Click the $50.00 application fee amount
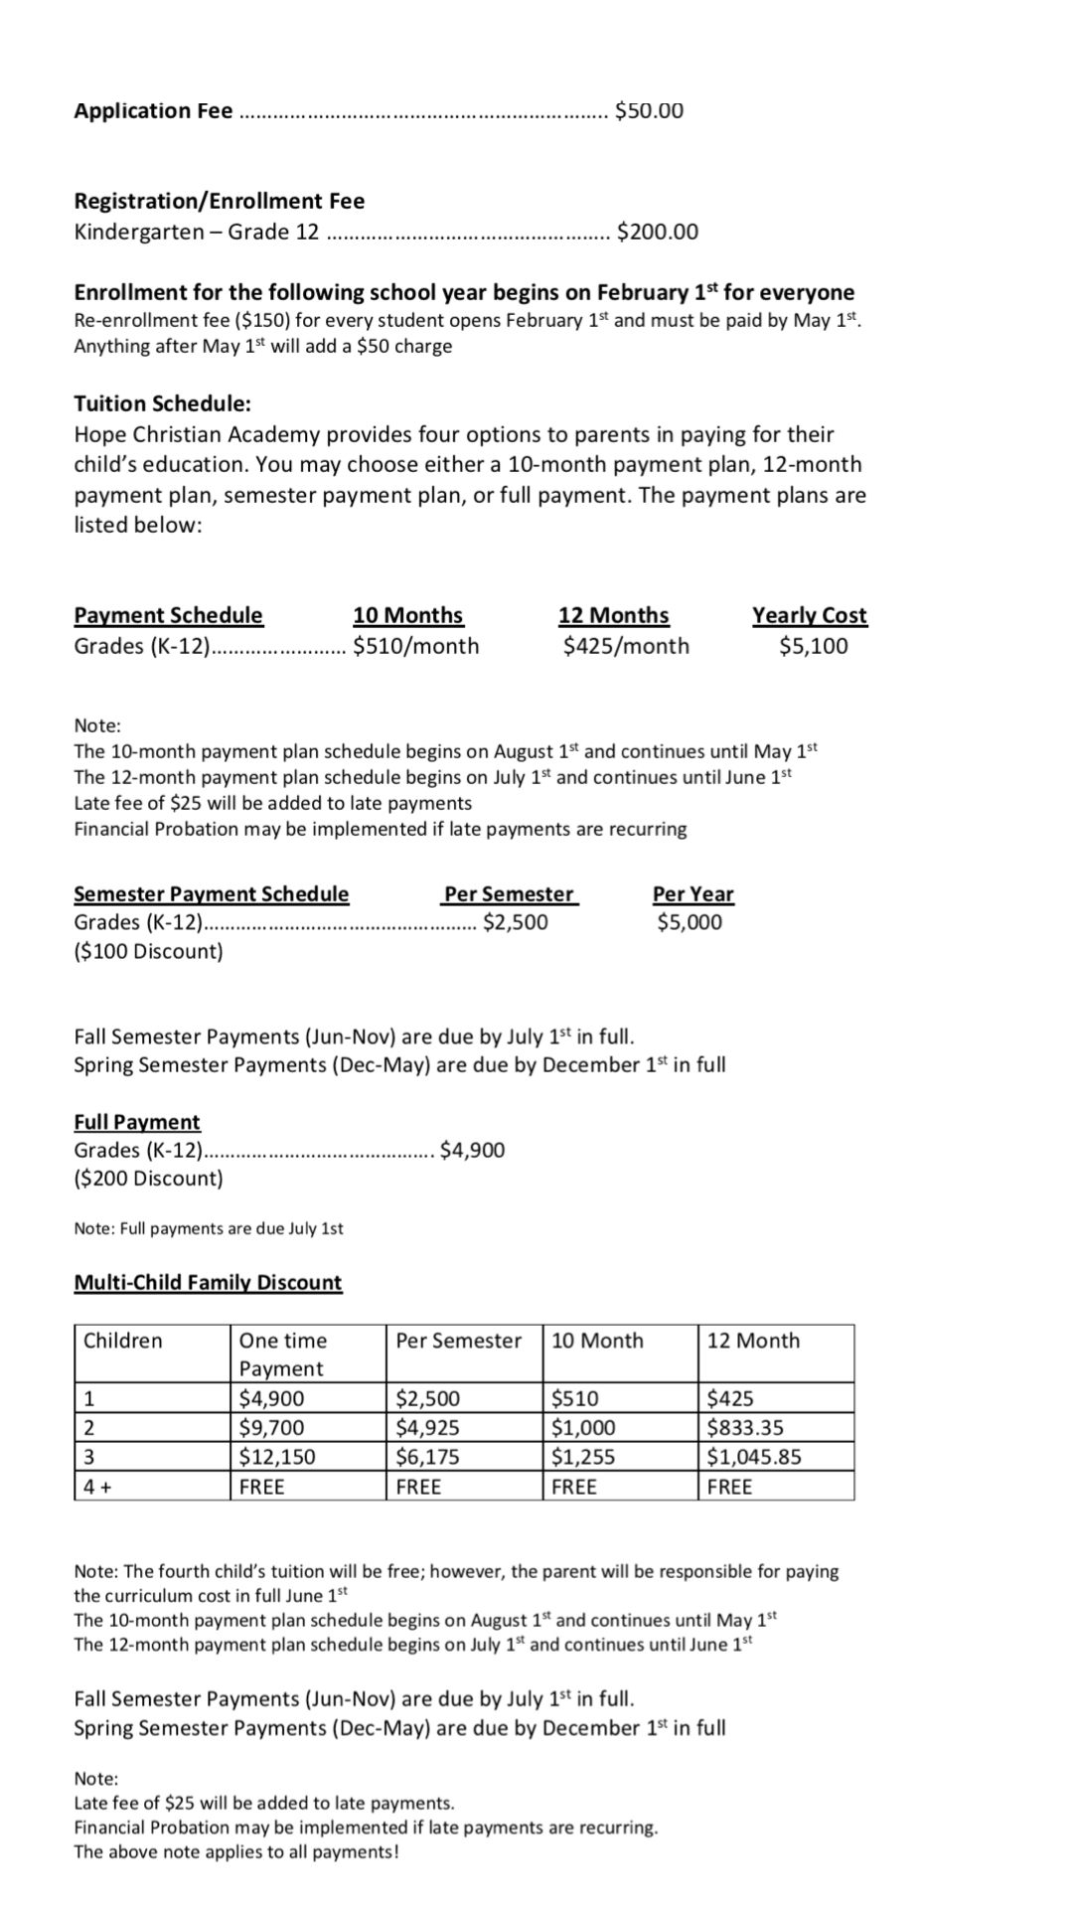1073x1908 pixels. [649, 110]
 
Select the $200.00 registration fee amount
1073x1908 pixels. [657, 232]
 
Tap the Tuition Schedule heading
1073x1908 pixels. [162, 403]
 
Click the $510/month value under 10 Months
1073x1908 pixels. [415, 646]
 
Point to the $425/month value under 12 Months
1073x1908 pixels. [625, 646]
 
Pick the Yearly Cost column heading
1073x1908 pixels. [809, 615]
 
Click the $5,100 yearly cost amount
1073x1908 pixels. [813, 646]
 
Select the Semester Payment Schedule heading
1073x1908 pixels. [212, 893]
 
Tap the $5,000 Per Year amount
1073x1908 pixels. [690, 922]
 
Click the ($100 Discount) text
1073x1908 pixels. [148, 951]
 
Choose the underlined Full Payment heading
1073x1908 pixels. [137, 1122]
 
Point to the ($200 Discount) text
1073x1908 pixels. [148, 1179]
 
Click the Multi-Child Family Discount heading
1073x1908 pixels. [208, 1282]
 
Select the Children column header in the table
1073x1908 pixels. [122, 1341]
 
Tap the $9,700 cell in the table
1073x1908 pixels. [271, 1428]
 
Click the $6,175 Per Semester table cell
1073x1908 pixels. [427, 1457]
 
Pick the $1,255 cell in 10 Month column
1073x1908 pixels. [583, 1457]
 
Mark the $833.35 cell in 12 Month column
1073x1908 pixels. [745, 1428]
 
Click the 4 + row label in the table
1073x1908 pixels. [96, 1487]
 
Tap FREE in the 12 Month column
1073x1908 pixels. [729, 1487]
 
